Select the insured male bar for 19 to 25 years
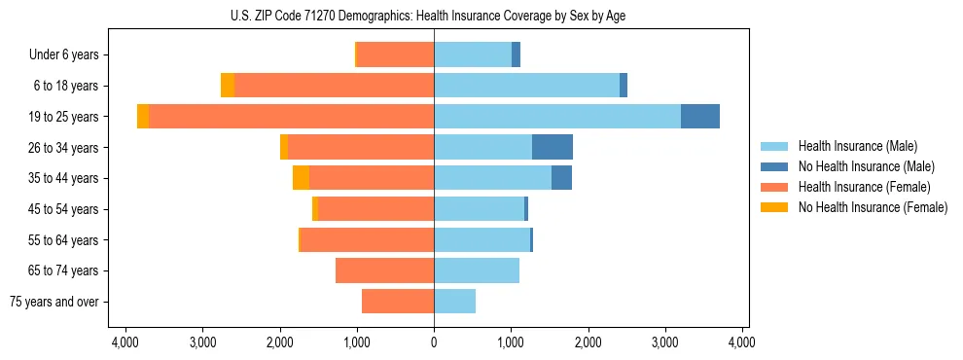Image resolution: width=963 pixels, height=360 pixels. pyautogui.click(x=557, y=116)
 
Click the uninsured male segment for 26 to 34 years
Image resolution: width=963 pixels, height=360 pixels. pyautogui.click(x=553, y=147)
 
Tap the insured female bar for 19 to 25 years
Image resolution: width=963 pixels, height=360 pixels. pyautogui.click(x=291, y=116)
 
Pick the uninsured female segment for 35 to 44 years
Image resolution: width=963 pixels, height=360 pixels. pyautogui.click(x=301, y=178)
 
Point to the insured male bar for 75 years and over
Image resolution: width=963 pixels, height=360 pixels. pyautogui.click(x=454, y=302)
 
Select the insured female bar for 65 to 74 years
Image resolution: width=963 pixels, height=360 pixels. pyautogui.click(x=384, y=270)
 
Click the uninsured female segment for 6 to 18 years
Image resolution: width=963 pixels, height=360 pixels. pyautogui.click(x=228, y=86)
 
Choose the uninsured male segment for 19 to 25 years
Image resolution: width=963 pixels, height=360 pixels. pyautogui.click(x=700, y=116)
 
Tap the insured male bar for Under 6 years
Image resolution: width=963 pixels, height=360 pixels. pyautogui.click(x=473, y=54)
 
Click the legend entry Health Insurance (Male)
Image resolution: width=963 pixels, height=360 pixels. pyautogui.click(x=857, y=146)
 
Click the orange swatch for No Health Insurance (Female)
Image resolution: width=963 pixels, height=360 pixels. pyautogui.click(x=775, y=207)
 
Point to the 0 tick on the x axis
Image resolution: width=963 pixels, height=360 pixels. pyautogui.click(x=434, y=342)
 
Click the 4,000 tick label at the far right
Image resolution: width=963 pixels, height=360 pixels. pyautogui.click(x=742, y=342)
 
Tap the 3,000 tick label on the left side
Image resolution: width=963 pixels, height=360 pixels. pyautogui.click(x=202, y=342)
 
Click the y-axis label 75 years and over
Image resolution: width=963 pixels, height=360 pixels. pyautogui.click(x=54, y=302)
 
